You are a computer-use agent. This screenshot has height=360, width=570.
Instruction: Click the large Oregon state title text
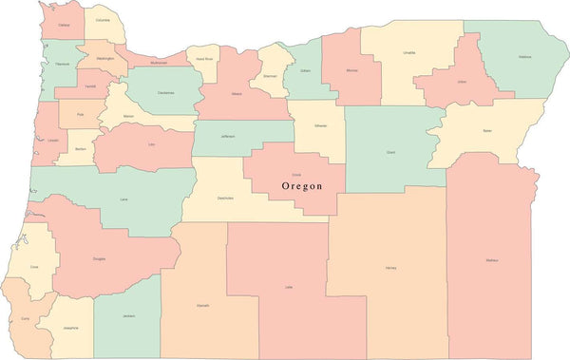coord(310,187)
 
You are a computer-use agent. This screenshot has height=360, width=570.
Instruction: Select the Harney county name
coord(390,268)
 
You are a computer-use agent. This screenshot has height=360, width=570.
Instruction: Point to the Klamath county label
coord(203,305)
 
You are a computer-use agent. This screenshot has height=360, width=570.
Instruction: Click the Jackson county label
coord(128,315)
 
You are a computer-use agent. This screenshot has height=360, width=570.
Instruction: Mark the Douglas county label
coord(98,258)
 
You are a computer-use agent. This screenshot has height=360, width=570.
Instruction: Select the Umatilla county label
coord(408,52)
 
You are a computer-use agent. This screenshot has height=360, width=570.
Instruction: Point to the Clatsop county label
coord(64,26)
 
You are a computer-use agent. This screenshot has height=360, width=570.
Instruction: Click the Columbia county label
coord(103,19)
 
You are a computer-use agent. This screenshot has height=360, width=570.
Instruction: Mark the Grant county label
coord(391,151)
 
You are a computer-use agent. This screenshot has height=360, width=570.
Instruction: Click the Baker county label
coord(487,130)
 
